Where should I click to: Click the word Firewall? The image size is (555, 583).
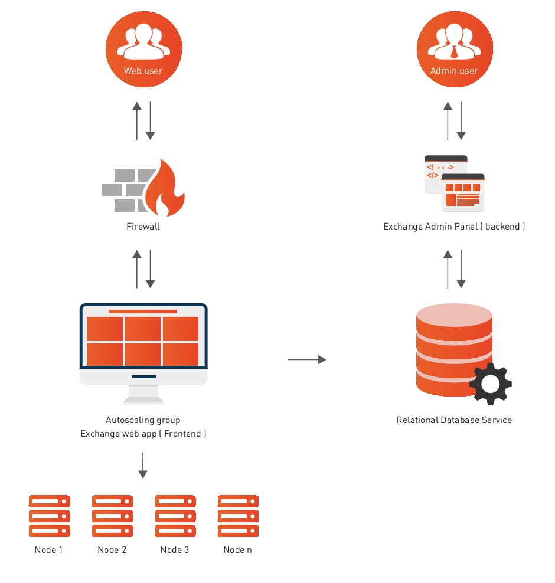(143, 227)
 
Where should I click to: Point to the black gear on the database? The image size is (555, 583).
(490, 384)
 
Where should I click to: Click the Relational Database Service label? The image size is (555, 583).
(453, 420)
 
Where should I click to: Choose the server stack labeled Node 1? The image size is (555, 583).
(49, 516)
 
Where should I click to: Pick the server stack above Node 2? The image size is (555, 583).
(112, 516)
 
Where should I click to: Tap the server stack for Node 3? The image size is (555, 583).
(175, 516)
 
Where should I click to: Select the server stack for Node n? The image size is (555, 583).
(238, 516)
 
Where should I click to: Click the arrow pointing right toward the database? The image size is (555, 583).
(307, 359)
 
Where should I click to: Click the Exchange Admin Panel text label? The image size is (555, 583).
(453, 227)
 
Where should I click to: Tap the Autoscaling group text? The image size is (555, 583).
(143, 420)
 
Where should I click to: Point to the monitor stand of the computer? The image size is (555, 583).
(143, 394)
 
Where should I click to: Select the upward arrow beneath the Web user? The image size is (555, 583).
(137, 120)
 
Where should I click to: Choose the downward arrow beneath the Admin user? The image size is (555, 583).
(461, 120)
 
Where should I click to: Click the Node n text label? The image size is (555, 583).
(238, 550)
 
